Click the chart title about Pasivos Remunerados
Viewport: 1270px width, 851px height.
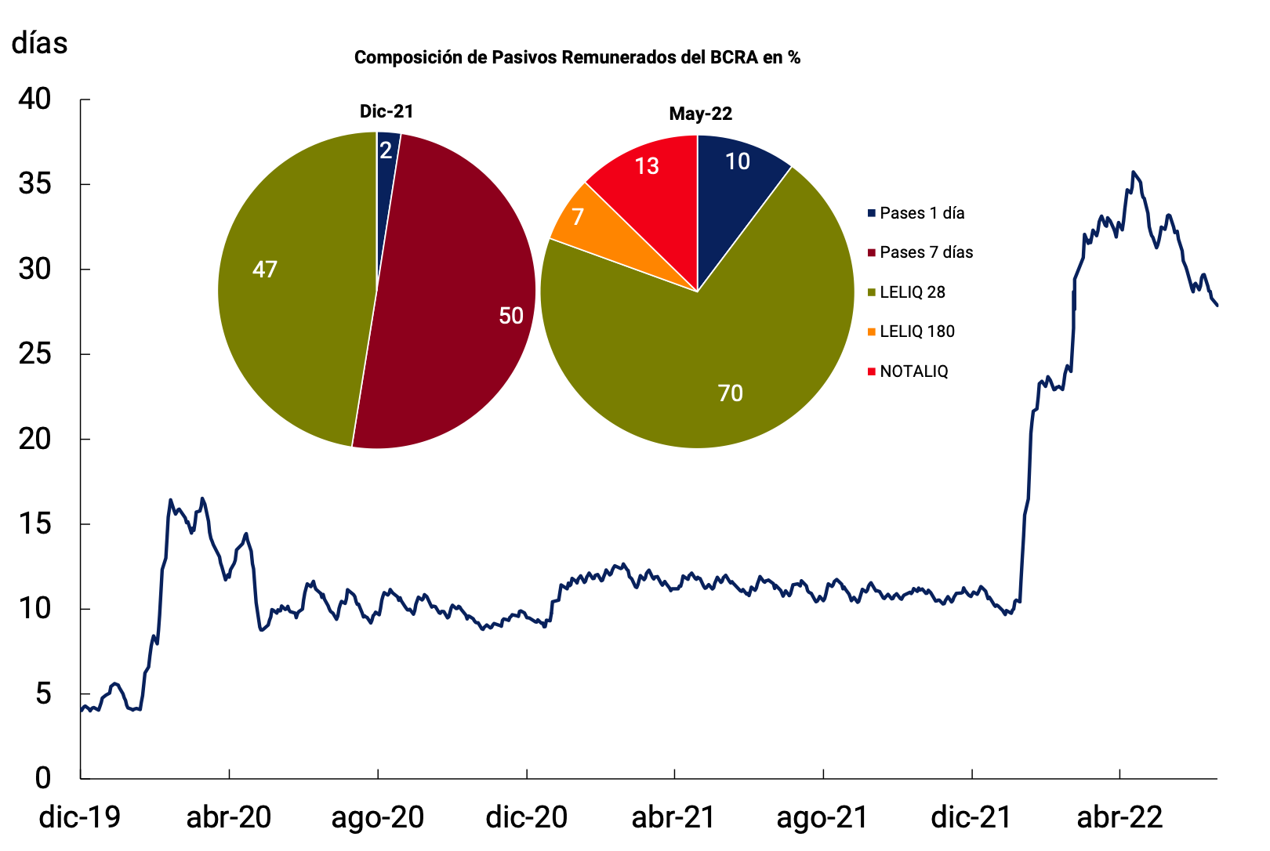[577, 57]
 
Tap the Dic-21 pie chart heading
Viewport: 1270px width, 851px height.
[386, 111]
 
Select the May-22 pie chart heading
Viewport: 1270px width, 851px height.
[700, 114]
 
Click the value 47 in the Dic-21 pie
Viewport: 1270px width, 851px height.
[265, 270]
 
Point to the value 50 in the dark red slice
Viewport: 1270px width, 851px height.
[511, 316]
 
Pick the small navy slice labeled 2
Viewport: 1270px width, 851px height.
[386, 150]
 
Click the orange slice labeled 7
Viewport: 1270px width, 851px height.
[578, 216]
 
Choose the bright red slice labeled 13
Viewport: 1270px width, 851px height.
[647, 166]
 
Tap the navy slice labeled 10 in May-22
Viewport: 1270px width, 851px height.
[737, 161]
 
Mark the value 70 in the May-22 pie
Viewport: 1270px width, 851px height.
[730, 393]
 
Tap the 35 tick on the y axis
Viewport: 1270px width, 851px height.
[34, 184]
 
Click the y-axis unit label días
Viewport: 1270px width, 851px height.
[40, 43]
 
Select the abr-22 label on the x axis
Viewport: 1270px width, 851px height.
[1119, 817]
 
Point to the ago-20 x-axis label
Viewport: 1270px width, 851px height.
[377, 817]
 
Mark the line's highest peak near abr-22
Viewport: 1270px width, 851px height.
[1133, 172]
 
